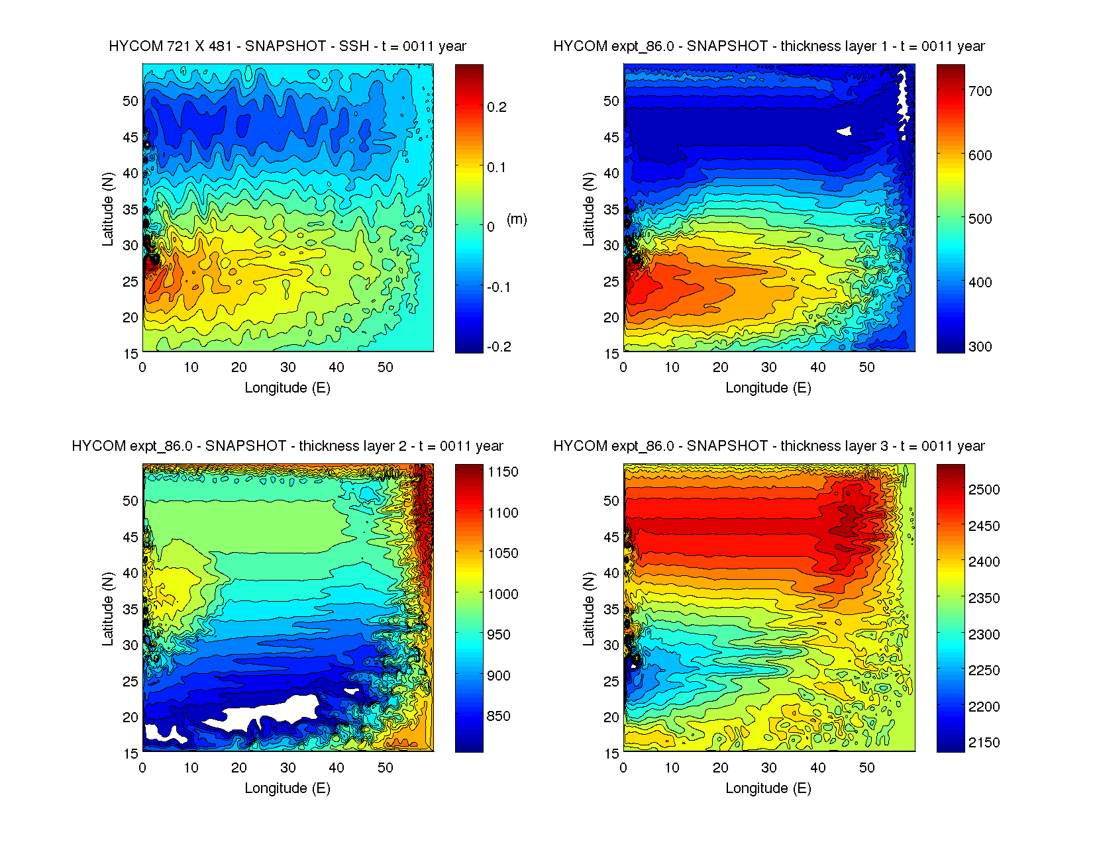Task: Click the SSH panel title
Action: pyautogui.click(x=287, y=46)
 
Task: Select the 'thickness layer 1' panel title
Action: pyautogui.click(x=768, y=46)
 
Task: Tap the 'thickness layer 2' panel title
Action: pyautogui.click(x=287, y=446)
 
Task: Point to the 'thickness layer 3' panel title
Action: pyautogui.click(x=768, y=446)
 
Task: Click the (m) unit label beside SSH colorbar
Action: pyautogui.click(x=517, y=219)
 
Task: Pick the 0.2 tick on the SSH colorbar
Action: pyautogui.click(x=497, y=107)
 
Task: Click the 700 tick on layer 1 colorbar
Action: pyautogui.click(x=980, y=91)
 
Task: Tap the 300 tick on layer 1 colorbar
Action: pyautogui.click(x=980, y=347)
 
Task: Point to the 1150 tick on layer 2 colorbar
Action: pyautogui.click(x=503, y=472)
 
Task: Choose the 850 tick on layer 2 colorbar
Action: pyautogui.click(x=498, y=716)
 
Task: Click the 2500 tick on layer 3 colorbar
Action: pyautogui.click(x=984, y=490)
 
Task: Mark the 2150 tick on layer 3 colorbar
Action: pyautogui.click(x=984, y=743)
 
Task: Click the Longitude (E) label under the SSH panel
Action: pyautogui.click(x=287, y=388)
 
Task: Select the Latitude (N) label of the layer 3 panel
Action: pyautogui.click(x=588, y=609)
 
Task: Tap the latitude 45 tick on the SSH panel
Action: pyautogui.click(x=130, y=138)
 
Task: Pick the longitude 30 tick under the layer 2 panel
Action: pyautogui.click(x=287, y=768)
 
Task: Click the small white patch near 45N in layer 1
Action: pyautogui.click(x=844, y=131)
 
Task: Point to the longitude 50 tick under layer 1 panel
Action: pyautogui.click(x=866, y=367)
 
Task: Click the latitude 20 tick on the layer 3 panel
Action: pyautogui.click(x=611, y=718)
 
